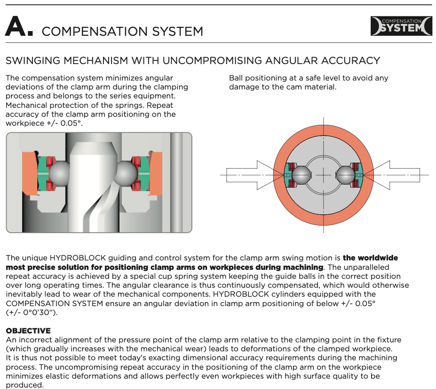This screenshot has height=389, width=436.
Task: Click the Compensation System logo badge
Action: [401, 26]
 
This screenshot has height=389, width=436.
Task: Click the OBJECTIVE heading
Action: [28, 331]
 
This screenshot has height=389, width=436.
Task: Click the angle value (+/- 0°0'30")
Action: [32, 312]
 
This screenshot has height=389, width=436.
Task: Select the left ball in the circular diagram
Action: [301, 175]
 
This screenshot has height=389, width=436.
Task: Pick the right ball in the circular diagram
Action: [346, 175]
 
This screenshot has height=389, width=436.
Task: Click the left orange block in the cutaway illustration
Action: [30, 173]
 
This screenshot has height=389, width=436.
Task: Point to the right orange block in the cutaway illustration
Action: [156, 173]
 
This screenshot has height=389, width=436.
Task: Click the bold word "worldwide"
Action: [370, 258]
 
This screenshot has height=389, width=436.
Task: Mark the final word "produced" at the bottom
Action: [24, 385]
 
